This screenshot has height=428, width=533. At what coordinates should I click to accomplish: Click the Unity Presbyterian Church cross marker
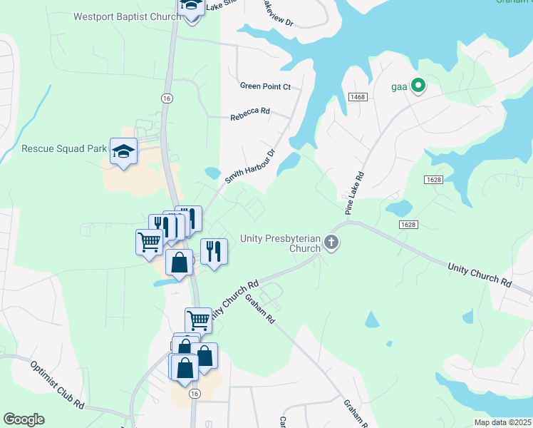coord(331,243)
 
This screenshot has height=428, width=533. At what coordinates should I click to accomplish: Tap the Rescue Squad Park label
coord(63,149)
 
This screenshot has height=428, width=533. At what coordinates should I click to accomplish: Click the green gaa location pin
coord(418,86)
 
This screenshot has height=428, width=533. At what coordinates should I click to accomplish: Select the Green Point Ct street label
coord(265,86)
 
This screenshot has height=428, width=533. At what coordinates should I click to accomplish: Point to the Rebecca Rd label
coord(249,111)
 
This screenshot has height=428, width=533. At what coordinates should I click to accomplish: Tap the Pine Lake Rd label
coord(354,193)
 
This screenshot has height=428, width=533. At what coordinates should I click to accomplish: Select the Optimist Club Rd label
coord(58,384)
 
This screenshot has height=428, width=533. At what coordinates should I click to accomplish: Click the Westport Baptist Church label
coord(127,16)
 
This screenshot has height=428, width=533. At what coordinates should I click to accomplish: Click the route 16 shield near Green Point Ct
coord(167,98)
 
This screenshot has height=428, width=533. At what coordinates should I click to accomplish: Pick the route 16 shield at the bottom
coord(194,393)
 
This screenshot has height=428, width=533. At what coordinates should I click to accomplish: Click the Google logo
coord(24,419)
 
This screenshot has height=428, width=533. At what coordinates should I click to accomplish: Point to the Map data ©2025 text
coord(502,422)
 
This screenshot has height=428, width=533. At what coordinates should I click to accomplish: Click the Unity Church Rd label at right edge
coord(480,275)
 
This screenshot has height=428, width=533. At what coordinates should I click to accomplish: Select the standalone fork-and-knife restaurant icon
coord(213,250)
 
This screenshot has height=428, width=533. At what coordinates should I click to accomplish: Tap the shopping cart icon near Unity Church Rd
coord(198,320)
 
